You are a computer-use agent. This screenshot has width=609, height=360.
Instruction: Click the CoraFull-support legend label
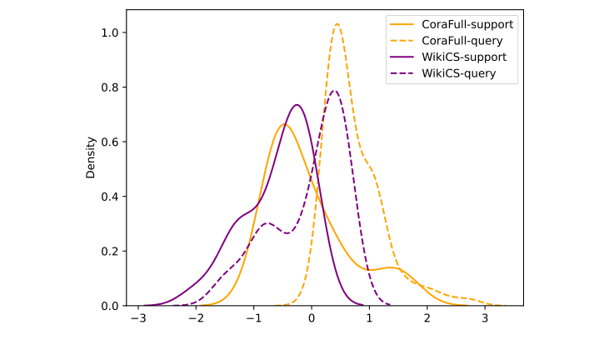(467, 23)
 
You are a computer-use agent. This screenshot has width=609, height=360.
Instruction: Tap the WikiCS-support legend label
(464, 57)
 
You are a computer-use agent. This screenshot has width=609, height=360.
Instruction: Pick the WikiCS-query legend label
(459, 73)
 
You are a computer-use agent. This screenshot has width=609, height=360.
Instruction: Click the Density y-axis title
(91, 157)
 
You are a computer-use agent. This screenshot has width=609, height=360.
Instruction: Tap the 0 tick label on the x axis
(312, 319)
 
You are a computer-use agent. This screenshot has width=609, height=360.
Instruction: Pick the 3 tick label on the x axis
(485, 319)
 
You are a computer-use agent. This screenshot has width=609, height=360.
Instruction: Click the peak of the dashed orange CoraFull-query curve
(337, 23)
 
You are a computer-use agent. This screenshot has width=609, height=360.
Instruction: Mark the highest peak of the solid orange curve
(284, 125)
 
